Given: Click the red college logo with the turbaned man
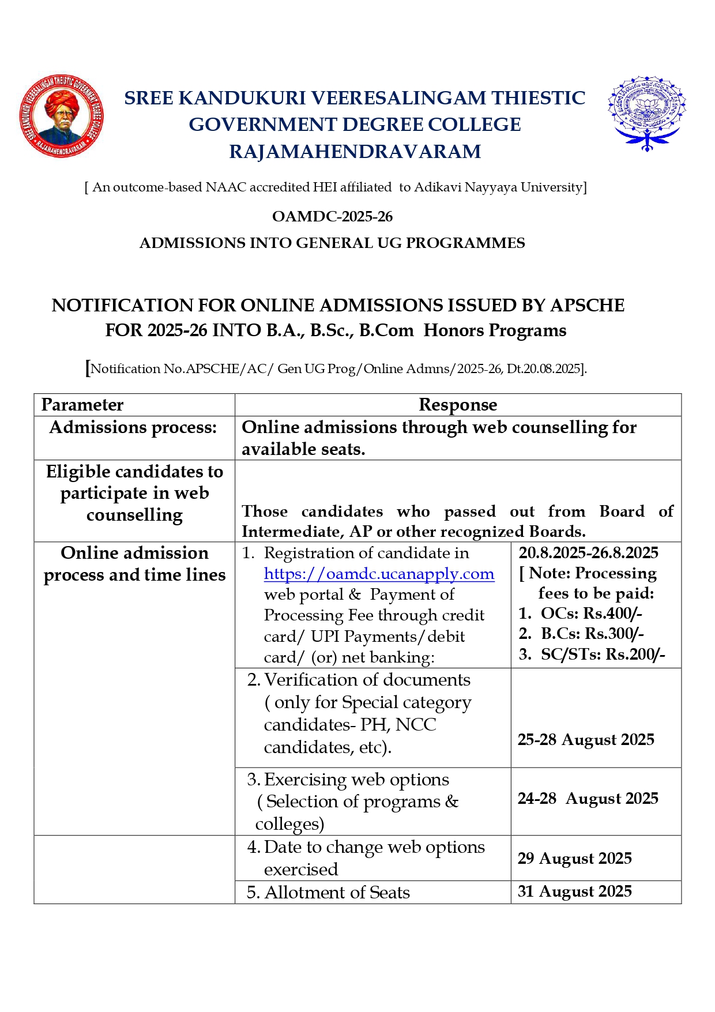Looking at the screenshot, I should (62, 116).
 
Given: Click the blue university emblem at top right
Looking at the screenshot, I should (646, 113).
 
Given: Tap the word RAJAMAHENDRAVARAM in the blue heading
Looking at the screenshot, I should (355, 152).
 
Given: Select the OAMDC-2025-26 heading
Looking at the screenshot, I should (332, 217).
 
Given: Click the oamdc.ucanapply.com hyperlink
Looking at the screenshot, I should (379, 574).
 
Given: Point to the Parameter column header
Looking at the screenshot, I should (82, 405).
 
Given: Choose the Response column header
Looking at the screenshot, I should (458, 405).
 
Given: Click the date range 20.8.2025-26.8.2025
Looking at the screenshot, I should (588, 553).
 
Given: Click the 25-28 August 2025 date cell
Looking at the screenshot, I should (586, 740).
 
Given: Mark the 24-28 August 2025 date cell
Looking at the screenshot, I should (588, 799).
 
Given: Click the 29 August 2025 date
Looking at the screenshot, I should (574, 859).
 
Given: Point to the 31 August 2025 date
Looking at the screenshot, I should (574, 891).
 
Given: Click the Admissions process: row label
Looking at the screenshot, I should (133, 427).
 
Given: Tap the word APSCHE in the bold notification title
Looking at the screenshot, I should (587, 305).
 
